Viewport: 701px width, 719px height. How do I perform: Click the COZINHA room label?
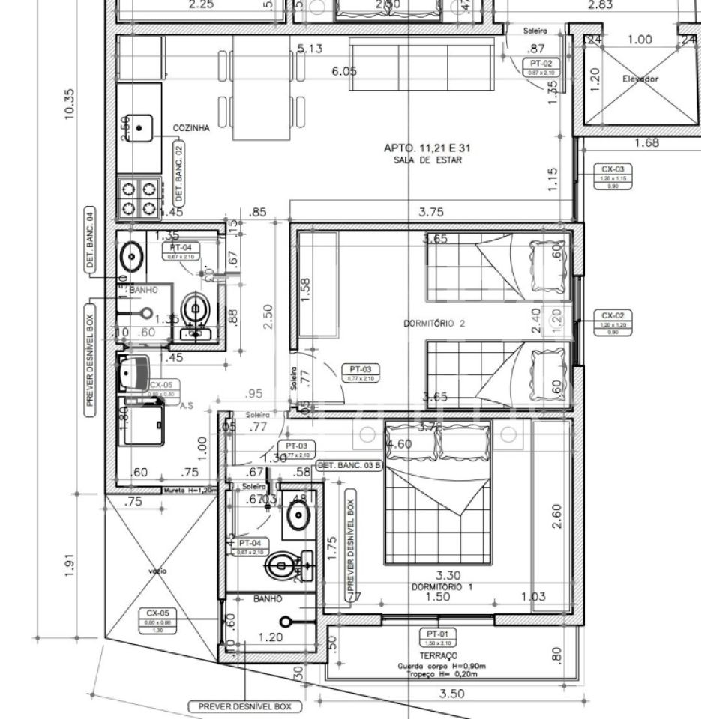191,128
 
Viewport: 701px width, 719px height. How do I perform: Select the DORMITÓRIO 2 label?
434,324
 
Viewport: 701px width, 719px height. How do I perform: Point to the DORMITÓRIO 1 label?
442,587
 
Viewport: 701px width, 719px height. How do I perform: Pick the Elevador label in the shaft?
640,79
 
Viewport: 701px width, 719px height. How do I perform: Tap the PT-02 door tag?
541,67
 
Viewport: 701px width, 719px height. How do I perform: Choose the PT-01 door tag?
437,637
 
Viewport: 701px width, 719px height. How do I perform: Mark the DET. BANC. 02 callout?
178,173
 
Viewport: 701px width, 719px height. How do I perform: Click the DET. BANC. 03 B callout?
350,465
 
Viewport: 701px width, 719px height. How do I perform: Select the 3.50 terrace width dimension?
451,694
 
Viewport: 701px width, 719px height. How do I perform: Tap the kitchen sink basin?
139,127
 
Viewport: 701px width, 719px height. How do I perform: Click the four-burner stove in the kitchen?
139,197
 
